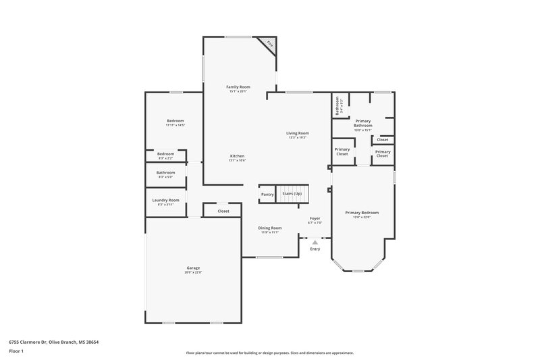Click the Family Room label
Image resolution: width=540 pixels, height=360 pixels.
(238, 87)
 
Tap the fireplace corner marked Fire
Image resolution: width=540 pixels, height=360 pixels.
(270, 45)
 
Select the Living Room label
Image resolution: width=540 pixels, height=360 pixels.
(298, 133)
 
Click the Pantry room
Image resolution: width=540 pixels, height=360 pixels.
(267, 195)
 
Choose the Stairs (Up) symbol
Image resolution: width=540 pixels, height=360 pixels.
(292, 194)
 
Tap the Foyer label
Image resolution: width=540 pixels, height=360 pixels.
(315, 218)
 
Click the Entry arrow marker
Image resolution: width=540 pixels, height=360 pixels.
(315, 242)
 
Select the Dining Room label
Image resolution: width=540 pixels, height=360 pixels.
(269, 228)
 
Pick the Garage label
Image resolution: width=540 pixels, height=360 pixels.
(193, 268)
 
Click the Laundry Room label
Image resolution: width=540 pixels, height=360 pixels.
(165, 200)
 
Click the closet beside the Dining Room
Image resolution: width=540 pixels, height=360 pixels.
(223, 211)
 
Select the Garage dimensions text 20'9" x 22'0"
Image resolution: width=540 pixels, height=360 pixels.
(193, 273)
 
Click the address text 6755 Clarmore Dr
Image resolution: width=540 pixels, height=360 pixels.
(40, 342)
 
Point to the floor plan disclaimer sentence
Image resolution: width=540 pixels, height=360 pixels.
(269, 353)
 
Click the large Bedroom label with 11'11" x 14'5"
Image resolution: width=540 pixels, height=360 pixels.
(175, 121)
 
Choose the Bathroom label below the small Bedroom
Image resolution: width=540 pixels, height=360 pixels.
(165, 172)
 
